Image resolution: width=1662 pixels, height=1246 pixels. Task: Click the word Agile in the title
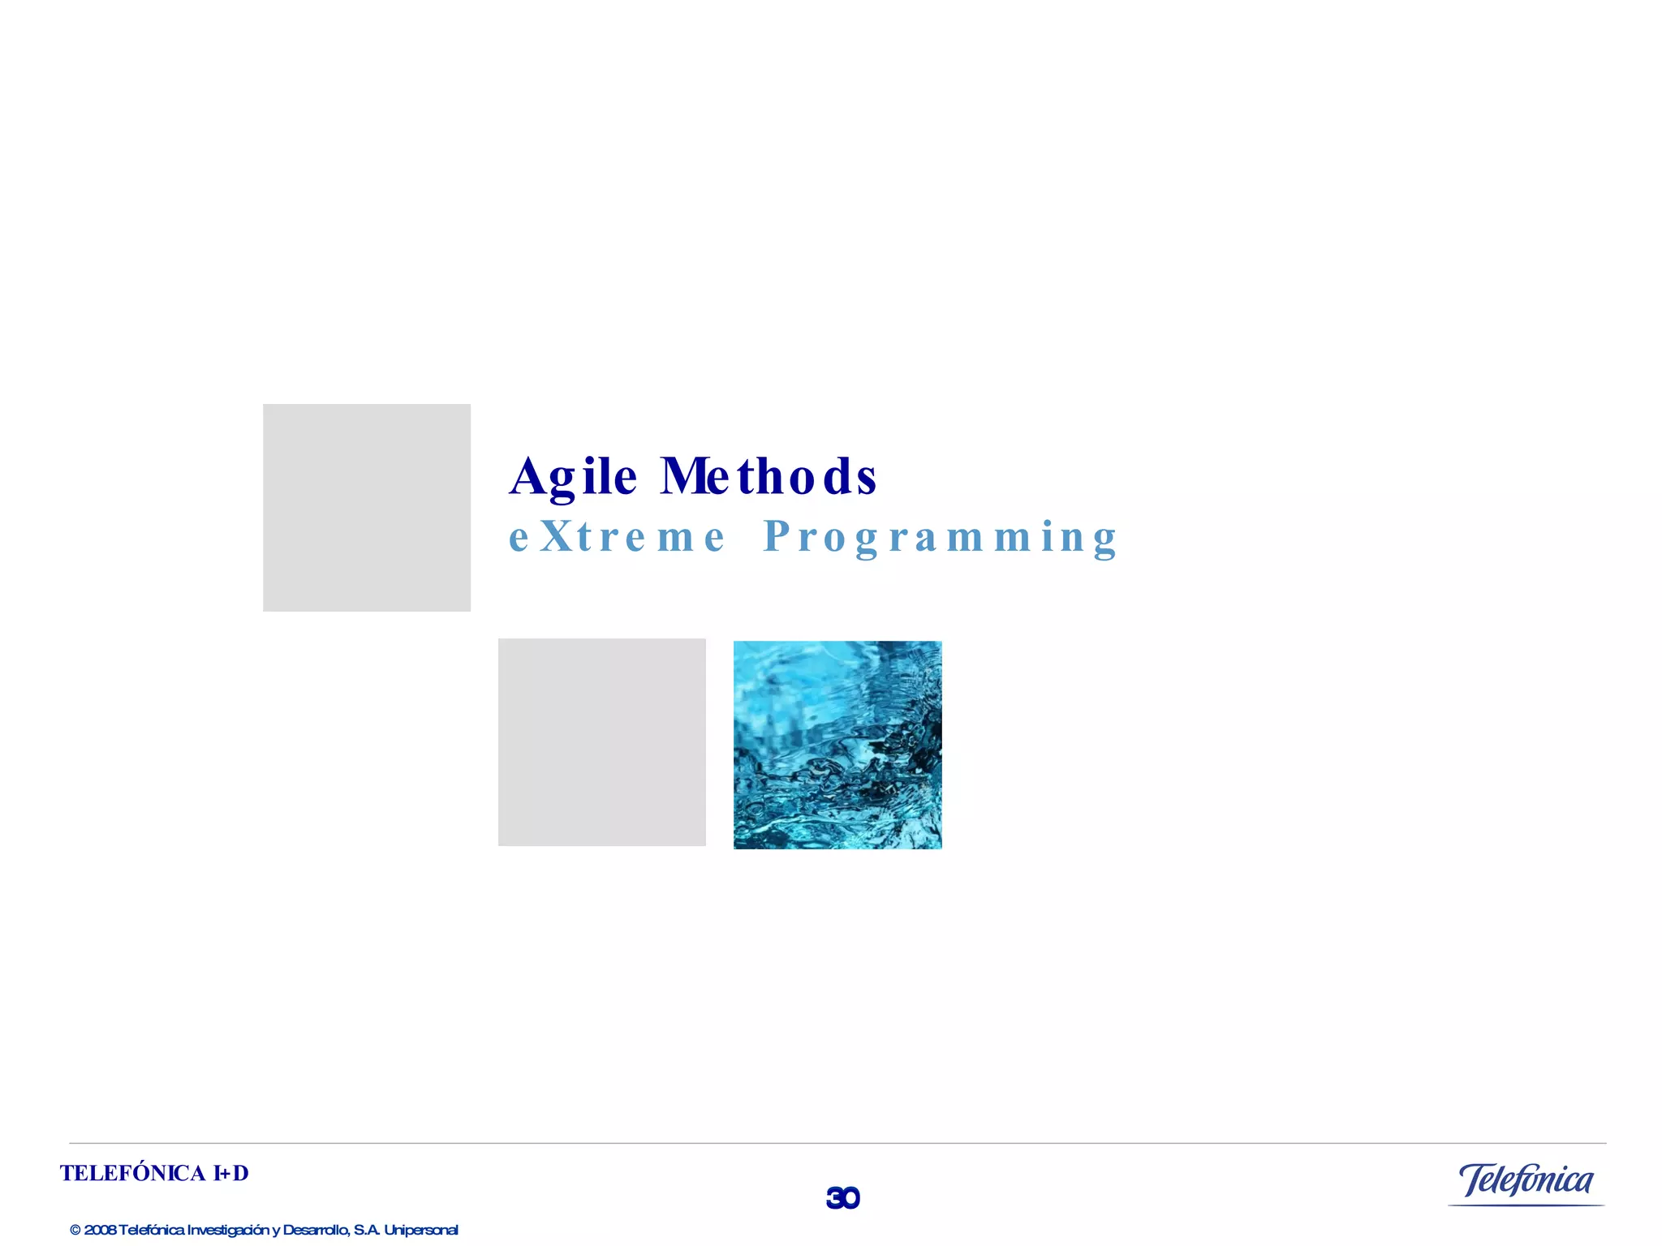coord(573,476)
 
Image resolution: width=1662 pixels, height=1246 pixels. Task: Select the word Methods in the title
coord(768,476)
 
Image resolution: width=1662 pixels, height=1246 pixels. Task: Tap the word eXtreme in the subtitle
coord(617,537)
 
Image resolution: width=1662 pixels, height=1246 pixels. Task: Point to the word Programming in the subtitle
coord(941,537)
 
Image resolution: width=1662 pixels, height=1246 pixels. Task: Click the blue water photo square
coord(837,745)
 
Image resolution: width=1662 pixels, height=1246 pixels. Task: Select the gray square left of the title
coord(367,508)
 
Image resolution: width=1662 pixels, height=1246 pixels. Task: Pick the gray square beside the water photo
coord(601,742)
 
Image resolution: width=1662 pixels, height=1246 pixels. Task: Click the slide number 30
coord(842,1198)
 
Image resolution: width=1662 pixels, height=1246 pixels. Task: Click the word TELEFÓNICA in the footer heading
coord(132,1174)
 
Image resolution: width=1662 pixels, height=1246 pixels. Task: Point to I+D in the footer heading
coord(231,1174)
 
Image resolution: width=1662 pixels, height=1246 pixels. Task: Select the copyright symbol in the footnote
coord(75,1231)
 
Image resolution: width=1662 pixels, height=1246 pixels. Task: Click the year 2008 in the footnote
coord(100,1231)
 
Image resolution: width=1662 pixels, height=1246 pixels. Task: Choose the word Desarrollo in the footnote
coord(316,1231)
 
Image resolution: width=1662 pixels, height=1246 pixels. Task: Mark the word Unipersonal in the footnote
coord(421,1231)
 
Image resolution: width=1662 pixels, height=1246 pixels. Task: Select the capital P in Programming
coord(777,536)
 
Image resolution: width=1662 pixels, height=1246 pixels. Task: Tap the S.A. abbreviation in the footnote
coord(367,1231)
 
